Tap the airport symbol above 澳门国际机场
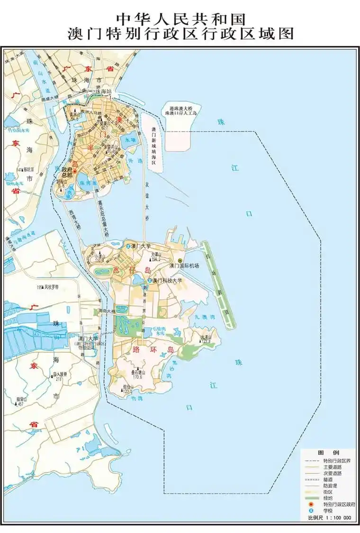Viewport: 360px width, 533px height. pyautogui.click(x=180, y=260)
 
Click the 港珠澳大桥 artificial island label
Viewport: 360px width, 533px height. pyautogui.click(x=180, y=111)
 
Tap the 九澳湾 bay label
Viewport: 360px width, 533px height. pyautogui.click(x=202, y=318)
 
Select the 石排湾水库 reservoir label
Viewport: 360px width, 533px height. pyautogui.click(x=158, y=329)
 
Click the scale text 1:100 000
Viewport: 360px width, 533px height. pyautogui.click(x=335, y=518)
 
